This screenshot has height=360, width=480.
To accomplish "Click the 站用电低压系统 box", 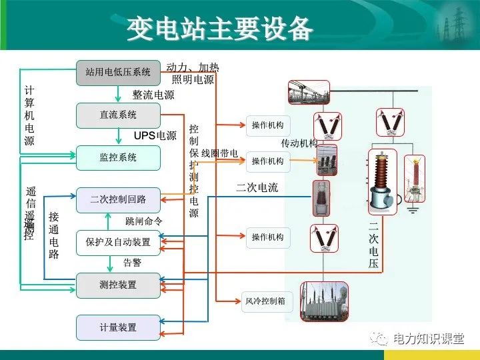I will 118,72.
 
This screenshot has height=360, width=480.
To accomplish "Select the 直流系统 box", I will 118,115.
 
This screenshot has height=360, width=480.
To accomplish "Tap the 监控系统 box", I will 118,158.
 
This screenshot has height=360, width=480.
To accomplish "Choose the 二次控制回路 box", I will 118,199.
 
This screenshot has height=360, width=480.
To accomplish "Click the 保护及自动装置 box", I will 118,242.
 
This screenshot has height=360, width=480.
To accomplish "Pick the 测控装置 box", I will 118,285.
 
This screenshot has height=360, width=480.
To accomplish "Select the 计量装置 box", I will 118,327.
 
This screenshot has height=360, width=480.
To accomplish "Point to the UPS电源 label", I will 155,136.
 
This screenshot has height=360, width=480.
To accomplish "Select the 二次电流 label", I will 257,188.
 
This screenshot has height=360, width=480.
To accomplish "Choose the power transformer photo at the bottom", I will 325,301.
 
